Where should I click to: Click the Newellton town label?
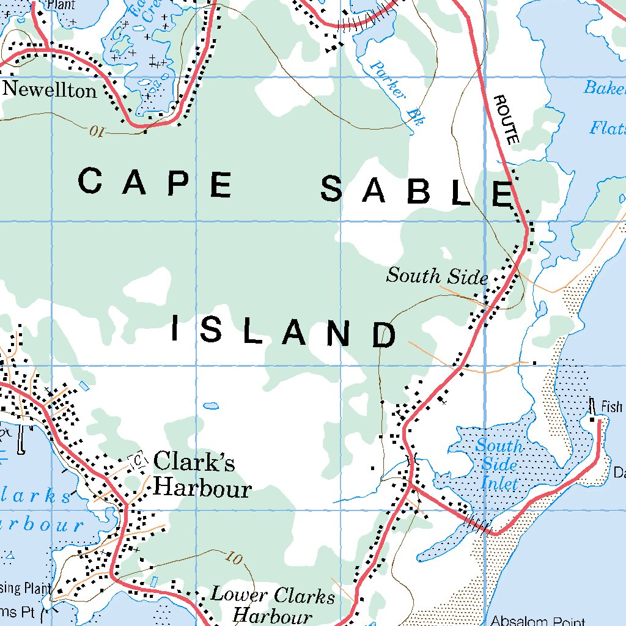coord(50,90)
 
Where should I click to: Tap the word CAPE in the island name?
coord(155,183)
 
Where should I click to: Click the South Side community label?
coord(437,276)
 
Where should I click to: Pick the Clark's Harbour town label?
coord(202,475)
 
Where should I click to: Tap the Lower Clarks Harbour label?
coord(273,604)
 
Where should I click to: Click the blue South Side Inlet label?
coord(499,465)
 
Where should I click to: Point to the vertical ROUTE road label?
coord(507,120)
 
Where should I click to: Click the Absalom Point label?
coord(537,621)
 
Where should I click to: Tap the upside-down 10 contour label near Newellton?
coord(97,131)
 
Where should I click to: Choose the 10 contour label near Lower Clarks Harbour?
coord(234,557)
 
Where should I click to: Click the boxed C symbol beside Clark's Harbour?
coord(139,459)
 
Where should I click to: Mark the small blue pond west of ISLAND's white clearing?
coord(211,405)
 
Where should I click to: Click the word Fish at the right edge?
coord(611,407)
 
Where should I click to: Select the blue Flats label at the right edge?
coord(608,128)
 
